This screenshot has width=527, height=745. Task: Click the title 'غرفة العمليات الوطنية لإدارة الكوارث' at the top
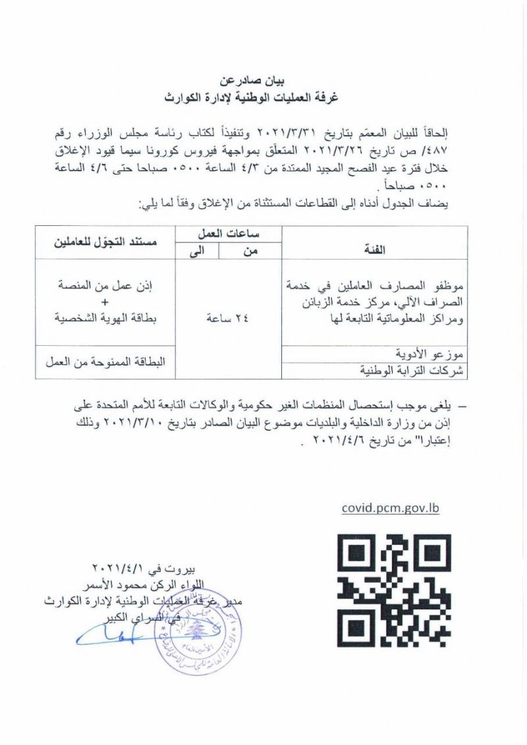tap(263, 98)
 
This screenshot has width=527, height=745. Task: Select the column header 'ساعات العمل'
tap(227, 235)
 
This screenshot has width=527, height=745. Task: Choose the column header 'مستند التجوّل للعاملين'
tap(105, 242)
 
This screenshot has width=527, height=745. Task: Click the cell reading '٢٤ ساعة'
tap(227, 318)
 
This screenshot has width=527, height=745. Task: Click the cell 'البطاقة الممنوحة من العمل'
tap(105, 362)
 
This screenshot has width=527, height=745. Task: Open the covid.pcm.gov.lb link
tap(390, 508)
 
